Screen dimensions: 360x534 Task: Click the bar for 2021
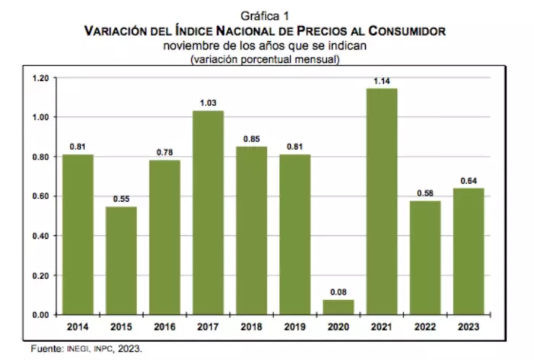point(382,201)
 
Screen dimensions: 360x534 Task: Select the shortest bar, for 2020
point(338,307)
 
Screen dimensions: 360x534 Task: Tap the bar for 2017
point(208,212)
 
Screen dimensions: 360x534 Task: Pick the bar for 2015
point(121,260)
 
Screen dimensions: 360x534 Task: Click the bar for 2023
point(468,251)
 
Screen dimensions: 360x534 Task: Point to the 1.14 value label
point(382,81)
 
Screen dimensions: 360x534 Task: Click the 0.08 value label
point(338,291)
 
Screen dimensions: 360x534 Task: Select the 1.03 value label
point(208,102)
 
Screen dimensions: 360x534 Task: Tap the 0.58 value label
point(425,193)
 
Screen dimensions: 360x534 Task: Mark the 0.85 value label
point(251,139)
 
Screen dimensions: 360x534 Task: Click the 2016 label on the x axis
point(165,327)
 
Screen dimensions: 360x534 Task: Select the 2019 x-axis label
point(294,327)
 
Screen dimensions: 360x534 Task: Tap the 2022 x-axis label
point(425,327)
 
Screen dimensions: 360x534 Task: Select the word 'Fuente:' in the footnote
point(46,348)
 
